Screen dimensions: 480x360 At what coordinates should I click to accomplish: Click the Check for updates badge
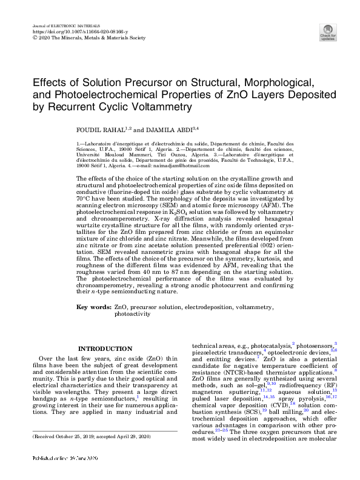pos(327,32)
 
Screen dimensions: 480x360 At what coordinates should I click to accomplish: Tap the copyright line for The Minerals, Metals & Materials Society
pos(88,38)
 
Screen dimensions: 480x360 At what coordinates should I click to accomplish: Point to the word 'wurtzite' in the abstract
pos(88,222)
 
